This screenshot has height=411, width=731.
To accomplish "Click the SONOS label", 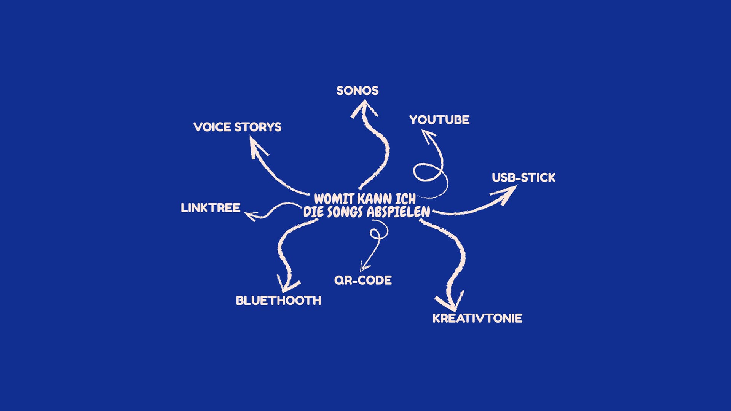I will point(358,91).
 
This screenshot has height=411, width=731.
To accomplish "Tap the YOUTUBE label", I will point(439,120).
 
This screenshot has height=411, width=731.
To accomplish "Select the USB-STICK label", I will point(524,178).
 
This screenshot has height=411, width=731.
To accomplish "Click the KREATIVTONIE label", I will point(477,319).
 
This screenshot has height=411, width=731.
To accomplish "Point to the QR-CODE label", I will point(363,280).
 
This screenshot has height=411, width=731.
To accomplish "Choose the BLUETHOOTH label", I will point(278,301).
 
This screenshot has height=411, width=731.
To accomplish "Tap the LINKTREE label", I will point(211,208).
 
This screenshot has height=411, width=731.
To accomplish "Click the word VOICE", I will point(212,127).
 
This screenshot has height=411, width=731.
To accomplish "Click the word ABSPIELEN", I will point(399,212).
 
